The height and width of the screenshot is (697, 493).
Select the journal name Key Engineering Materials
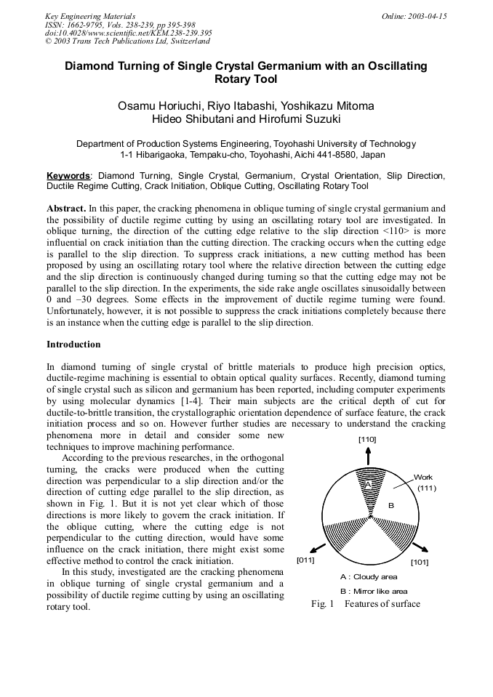(90, 16)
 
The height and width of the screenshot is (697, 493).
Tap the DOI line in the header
(128, 33)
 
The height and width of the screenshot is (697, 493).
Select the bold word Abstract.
(65, 208)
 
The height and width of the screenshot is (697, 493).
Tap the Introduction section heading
(73, 344)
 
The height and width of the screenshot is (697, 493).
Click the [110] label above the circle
(368, 439)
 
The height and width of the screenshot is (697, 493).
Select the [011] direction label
(306, 561)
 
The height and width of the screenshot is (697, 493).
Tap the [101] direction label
(420, 562)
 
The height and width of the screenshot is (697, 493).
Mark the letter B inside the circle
(390, 504)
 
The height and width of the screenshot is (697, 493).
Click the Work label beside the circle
(423, 478)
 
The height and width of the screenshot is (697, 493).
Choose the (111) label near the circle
(426, 488)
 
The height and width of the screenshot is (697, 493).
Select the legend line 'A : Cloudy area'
(369, 577)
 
